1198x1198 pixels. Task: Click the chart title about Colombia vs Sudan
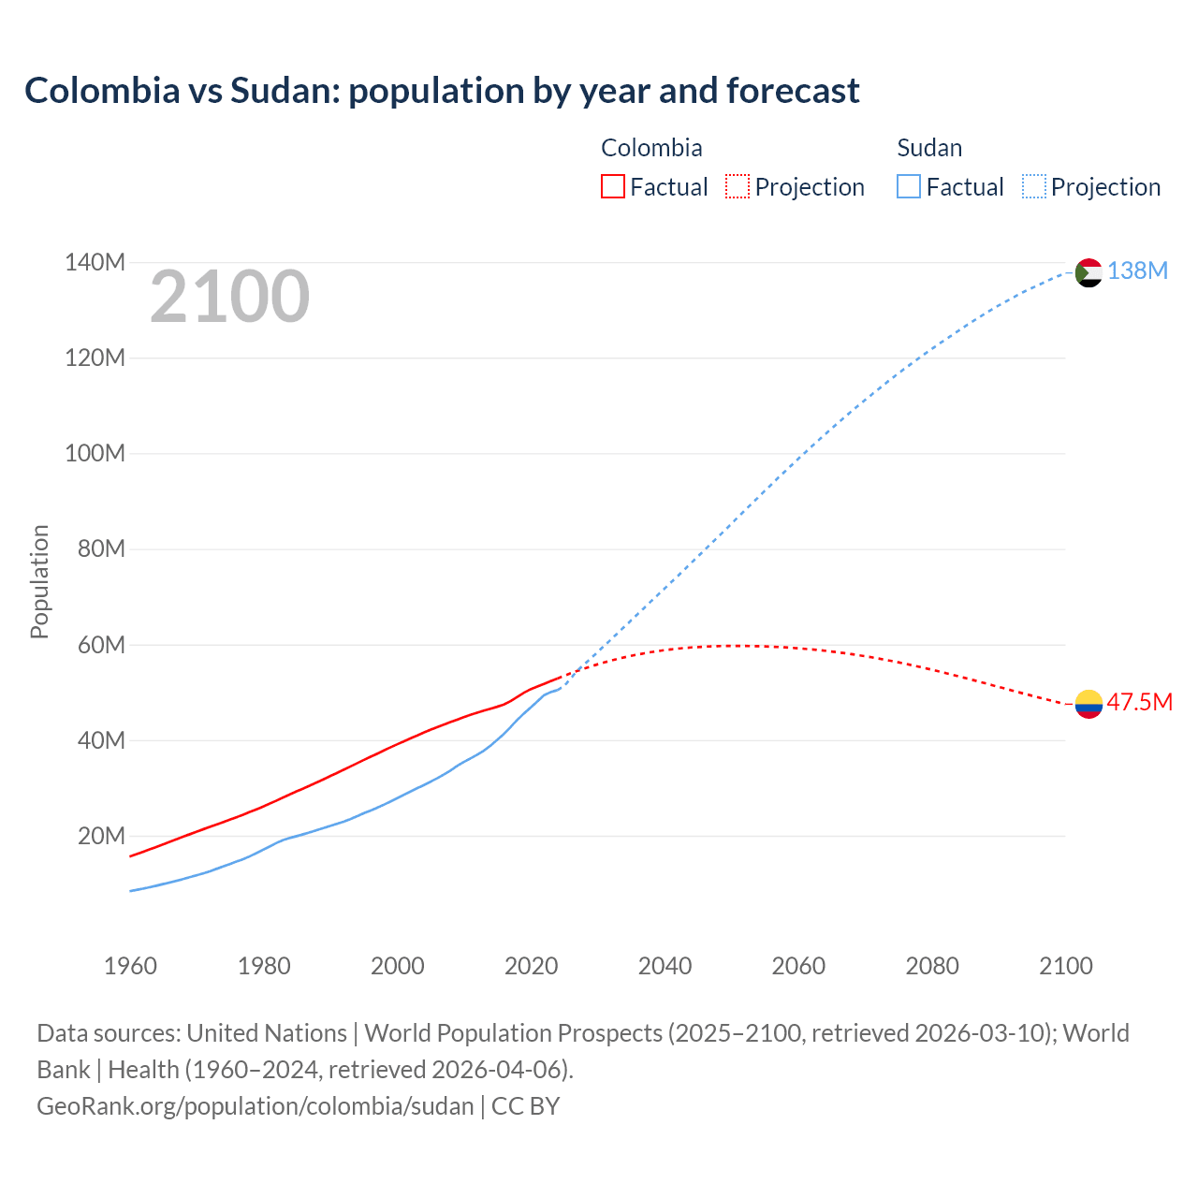[x=442, y=91]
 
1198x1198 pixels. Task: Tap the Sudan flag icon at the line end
[x=1088, y=272]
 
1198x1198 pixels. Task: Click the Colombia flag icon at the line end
[x=1088, y=703]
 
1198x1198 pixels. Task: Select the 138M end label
[x=1137, y=271]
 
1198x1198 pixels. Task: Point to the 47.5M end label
[x=1139, y=703]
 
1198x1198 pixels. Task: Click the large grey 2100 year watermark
[x=229, y=297]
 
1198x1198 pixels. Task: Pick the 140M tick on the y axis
[x=95, y=263]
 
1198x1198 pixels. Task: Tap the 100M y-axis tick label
[x=95, y=454]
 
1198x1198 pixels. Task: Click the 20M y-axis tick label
[x=101, y=836]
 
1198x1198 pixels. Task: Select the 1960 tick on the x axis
[x=130, y=966]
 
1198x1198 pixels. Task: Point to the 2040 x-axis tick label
[x=665, y=966]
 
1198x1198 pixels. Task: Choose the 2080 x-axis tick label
[x=932, y=966]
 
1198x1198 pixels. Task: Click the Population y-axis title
[x=39, y=581]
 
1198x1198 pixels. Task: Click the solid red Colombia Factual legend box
[x=612, y=186]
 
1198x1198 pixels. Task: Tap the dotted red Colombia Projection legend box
[x=738, y=186]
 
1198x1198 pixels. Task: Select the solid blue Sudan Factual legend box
[x=909, y=186]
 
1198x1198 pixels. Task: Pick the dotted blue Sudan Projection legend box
[x=1034, y=186]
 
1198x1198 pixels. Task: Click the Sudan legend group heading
[x=929, y=148]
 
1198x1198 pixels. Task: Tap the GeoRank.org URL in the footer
[x=255, y=1106]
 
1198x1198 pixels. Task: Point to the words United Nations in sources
[x=267, y=1033]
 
